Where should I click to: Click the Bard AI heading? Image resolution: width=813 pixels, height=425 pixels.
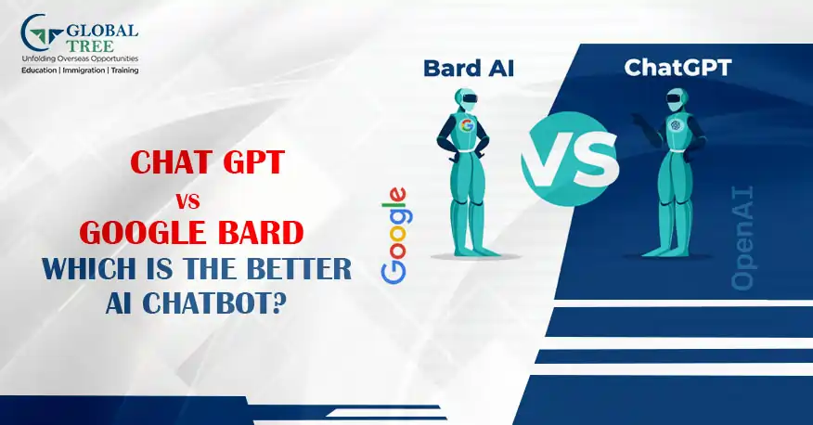(469, 69)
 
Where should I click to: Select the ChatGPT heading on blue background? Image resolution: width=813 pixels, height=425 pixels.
(677, 68)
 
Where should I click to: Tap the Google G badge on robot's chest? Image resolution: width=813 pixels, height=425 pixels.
(467, 125)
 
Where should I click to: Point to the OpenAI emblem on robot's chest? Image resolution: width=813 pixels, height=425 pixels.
(676, 125)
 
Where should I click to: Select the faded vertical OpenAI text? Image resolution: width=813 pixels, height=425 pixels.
(742, 238)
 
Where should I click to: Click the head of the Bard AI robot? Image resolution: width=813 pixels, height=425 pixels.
(466, 99)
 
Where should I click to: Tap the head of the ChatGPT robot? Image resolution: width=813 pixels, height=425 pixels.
(676, 99)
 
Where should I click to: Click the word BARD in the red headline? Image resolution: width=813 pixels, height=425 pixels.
(261, 233)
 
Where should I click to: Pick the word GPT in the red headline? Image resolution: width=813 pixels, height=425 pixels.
(253, 161)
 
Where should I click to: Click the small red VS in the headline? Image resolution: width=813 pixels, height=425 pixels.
(187, 201)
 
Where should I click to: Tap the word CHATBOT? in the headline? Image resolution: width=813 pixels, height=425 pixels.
(214, 303)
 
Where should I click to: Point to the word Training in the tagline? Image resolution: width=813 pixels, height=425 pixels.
(124, 70)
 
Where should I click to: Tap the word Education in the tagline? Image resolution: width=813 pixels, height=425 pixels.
(39, 70)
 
